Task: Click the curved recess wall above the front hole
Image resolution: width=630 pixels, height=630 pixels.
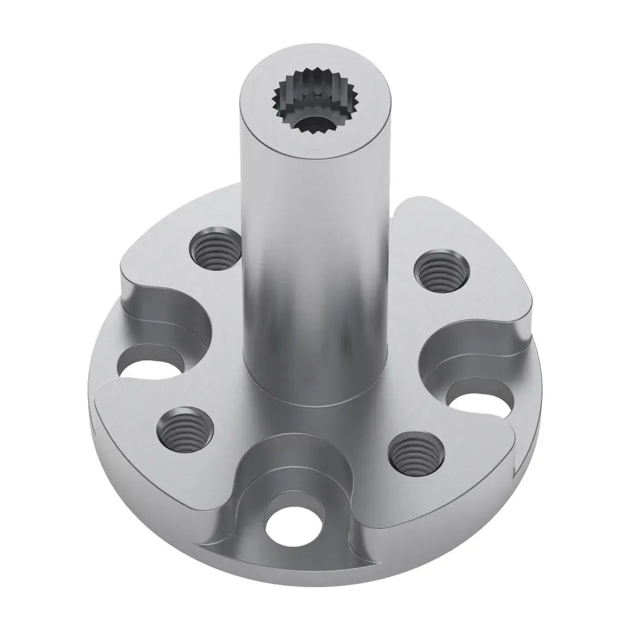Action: pos(296,466)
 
